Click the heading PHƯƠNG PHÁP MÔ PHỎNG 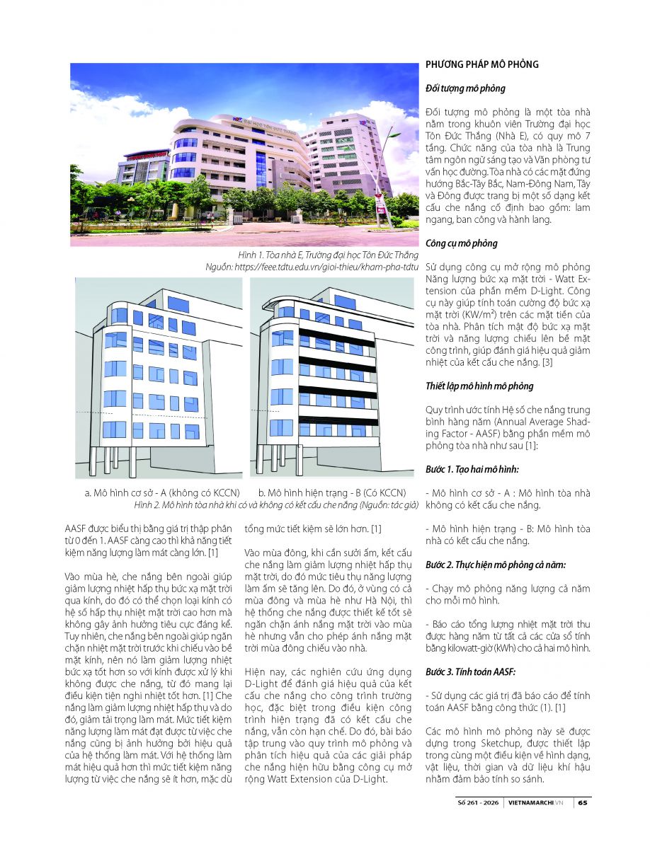[x=481, y=64]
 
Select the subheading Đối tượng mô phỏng [x=465, y=88]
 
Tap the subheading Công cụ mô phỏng [x=462, y=243]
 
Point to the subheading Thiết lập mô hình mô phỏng [x=479, y=386]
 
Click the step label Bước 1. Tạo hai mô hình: [x=473, y=470]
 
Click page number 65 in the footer [x=582, y=803]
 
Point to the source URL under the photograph [x=312, y=267]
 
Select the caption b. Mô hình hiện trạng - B [x=331, y=492]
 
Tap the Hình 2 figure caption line [x=276, y=504]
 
